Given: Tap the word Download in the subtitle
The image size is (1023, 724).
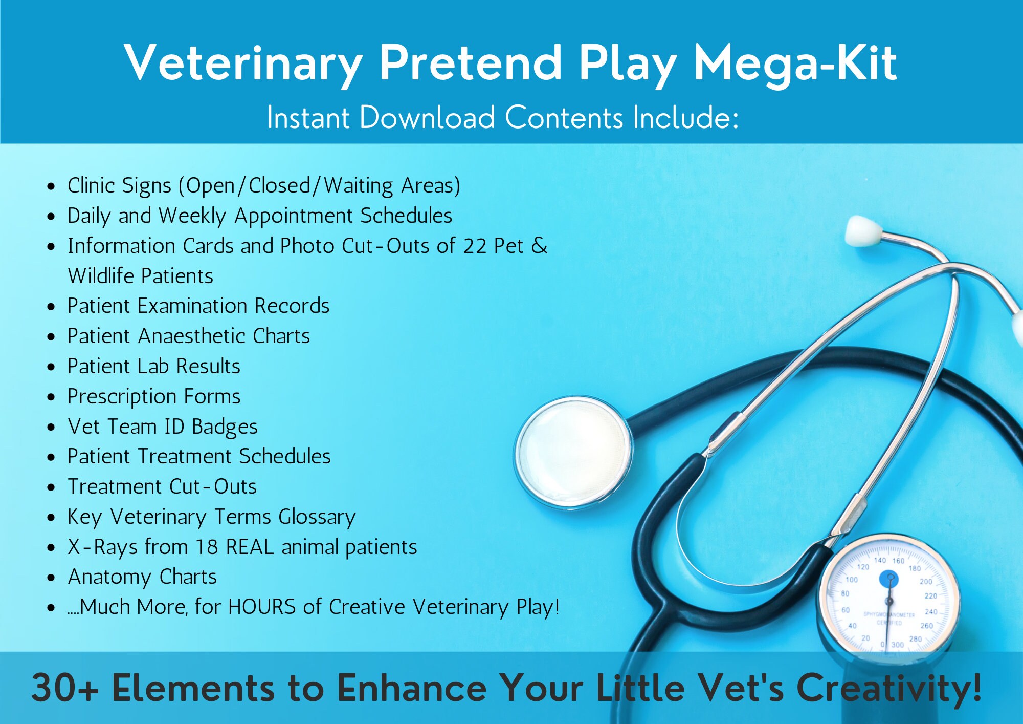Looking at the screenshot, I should point(427,118).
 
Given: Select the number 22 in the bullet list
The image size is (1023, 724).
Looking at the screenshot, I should point(474,246).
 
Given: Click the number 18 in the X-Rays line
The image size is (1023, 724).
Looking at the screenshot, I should point(206,547).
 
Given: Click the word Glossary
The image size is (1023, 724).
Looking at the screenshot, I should point(317,517).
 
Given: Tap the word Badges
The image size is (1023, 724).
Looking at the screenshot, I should point(225,427).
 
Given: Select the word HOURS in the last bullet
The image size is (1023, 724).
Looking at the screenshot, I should point(262,607).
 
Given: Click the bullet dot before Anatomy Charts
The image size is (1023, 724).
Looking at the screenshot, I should point(51,578).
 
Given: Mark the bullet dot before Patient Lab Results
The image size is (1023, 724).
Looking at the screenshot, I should point(51,367).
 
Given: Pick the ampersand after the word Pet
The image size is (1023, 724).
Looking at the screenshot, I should point(539,246).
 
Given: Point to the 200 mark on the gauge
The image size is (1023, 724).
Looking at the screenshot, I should point(926,582).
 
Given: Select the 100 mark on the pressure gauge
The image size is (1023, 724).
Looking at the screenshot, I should point(852,580).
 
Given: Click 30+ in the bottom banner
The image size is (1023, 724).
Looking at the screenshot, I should point(64,688).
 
